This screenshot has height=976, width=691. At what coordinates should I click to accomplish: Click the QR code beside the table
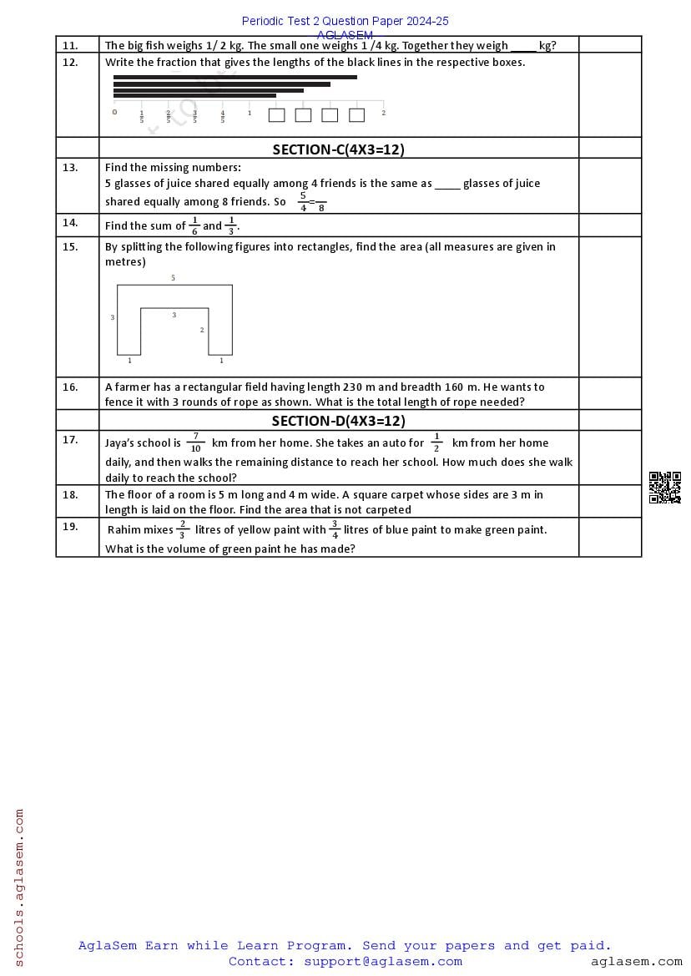tap(664, 488)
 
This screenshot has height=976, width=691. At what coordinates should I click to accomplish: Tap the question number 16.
tap(70, 387)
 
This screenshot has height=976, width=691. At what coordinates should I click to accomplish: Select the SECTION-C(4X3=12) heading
tap(338, 149)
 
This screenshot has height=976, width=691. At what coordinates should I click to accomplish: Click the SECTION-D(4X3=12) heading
tap(338, 421)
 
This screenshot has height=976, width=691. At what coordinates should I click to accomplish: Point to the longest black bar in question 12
tap(235, 77)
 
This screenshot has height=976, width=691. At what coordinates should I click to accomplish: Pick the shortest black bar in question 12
tap(194, 96)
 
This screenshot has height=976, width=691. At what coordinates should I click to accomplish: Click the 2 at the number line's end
tap(383, 113)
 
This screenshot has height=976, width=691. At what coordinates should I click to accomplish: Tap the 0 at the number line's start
tap(114, 112)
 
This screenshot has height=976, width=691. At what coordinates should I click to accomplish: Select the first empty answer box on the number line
tap(276, 115)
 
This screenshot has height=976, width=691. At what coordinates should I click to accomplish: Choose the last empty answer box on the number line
tap(356, 115)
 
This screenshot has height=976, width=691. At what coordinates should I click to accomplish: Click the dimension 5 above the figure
tap(174, 278)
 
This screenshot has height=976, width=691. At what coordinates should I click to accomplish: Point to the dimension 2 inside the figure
tap(202, 331)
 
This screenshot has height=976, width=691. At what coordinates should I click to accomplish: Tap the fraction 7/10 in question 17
tap(195, 442)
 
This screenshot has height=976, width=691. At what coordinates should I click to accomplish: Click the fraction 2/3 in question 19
tap(183, 529)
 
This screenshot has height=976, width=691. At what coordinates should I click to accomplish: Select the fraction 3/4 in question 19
tap(335, 529)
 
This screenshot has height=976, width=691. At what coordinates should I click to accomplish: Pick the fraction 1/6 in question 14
tap(194, 225)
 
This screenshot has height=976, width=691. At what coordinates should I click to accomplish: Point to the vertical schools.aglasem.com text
tap(19, 887)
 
